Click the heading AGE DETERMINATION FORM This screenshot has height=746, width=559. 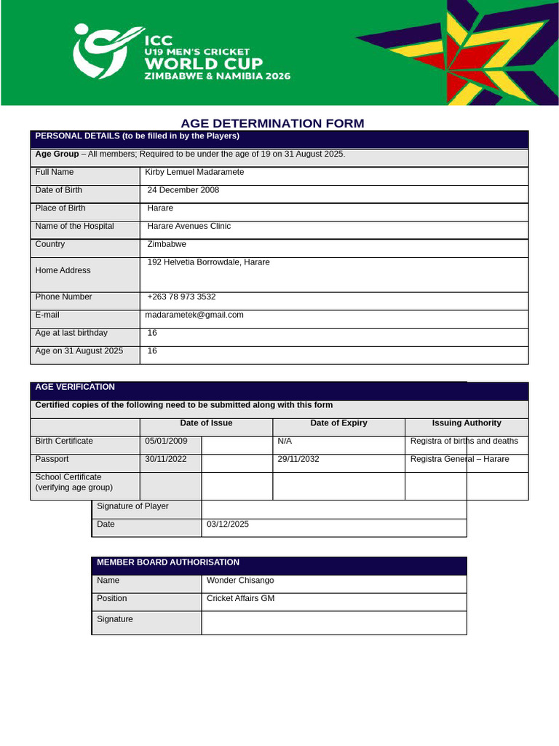[x=272, y=123]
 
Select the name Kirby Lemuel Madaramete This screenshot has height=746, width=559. [x=194, y=173]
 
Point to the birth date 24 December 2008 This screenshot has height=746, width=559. [x=183, y=190]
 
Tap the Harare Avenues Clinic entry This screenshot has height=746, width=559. [x=189, y=227]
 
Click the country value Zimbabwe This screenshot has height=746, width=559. [x=167, y=245]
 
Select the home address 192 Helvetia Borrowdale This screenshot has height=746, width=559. [x=208, y=262]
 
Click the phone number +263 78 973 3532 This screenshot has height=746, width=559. [x=181, y=297]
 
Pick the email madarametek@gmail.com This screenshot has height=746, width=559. [x=194, y=315]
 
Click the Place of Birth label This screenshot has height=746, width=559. [x=60, y=208]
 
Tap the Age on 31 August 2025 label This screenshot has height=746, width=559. [x=79, y=351]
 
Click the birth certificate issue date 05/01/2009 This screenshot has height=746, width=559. [x=166, y=441]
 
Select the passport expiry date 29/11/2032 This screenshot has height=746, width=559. [x=298, y=460]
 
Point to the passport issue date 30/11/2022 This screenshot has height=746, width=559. [x=166, y=460]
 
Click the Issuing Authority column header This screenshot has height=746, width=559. [x=466, y=423]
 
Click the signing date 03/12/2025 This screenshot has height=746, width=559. [x=227, y=525]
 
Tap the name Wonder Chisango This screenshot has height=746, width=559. [x=240, y=581]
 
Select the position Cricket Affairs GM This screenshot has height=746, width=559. [x=240, y=599]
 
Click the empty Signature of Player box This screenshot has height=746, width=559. [x=333, y=509]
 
